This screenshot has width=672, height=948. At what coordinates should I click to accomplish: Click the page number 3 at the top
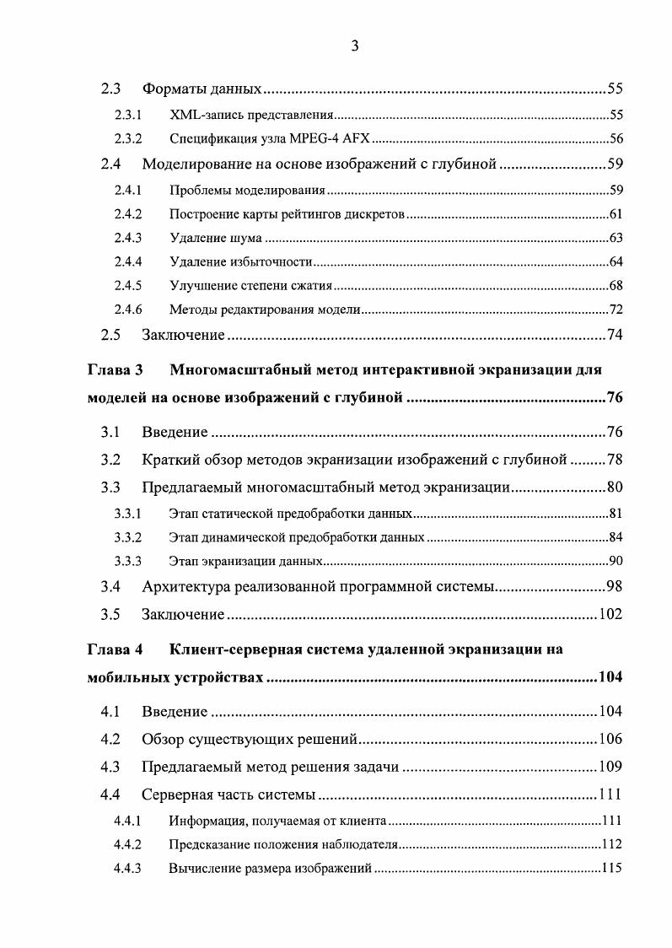pyautogui.click(x=355, y=46)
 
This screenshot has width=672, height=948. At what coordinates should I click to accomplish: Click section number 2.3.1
pyautogui.click(x=127, y=115)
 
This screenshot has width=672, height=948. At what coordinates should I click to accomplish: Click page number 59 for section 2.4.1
pyautogui.click(x=616, y=189)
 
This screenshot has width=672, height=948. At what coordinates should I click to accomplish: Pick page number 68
pyautogui.click(x=616, y=286)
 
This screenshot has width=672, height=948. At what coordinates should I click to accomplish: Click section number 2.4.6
pyautogui.click(x=127, y=310)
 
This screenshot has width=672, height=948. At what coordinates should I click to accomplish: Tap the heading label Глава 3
pyautogui.click(x=116, y=369)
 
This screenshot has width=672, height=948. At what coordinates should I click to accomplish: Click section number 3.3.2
pyautogui.click(x=127, y=537)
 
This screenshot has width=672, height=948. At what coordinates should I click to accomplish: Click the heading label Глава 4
pyautogui.click(x=116, y=649)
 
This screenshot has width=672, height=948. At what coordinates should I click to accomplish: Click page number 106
pyautogui.click(x=610, y=740)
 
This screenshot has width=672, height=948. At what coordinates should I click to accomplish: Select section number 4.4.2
pyautogui.click(x=127, y=843)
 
